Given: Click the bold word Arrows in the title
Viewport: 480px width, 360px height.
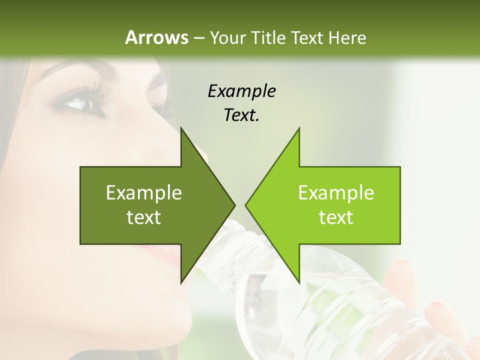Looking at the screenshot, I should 156,37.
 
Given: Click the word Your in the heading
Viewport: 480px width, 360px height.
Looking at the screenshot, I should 227,38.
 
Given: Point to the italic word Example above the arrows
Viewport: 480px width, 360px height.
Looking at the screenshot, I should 241,91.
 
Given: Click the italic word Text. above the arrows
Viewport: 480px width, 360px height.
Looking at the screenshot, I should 241,115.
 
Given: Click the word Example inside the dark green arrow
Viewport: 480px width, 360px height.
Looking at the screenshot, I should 144,193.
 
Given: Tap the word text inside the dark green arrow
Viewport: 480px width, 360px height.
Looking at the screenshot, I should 144,217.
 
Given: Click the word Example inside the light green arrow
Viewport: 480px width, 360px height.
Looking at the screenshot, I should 336,193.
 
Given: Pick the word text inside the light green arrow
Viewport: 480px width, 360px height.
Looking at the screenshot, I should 336,217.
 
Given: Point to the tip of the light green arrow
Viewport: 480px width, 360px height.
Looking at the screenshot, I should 246,205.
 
